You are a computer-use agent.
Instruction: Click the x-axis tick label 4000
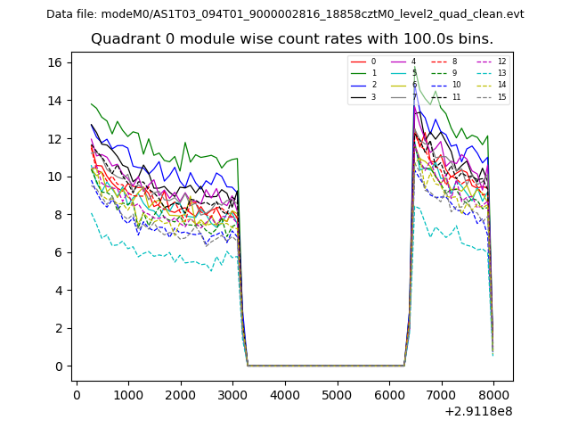[x=285, y=394]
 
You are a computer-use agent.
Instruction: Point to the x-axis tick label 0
[x=77, y=394]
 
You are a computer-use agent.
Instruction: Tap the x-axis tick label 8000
[x=493, y=394]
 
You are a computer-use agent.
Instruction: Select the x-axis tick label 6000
[x=389, y=394]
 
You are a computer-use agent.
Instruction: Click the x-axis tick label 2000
[x=181, y=394]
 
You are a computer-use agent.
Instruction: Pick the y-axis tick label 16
[x=54, y=62]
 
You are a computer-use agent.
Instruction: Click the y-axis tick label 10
[x=54, y=177]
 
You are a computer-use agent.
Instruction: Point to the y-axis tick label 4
[x=58, y=291]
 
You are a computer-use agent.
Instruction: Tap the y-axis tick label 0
[x=58, y=366]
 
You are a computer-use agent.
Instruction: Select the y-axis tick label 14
[x=54, y=101]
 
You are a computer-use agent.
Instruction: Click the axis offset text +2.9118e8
[x=477, y=411]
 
